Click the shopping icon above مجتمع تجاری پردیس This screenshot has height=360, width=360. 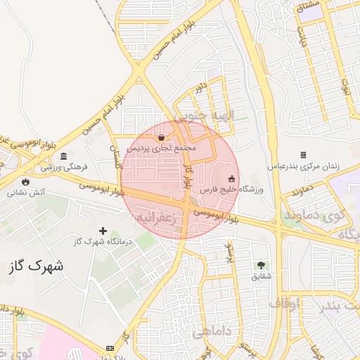coord(163,138)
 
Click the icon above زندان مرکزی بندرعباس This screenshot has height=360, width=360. coord(304,155)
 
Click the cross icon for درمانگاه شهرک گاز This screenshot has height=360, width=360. coord(103,231)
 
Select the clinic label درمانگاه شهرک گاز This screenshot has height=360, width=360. coord(103,243)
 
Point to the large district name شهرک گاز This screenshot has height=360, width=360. coord(37,266)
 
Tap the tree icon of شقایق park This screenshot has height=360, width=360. coord(261,265)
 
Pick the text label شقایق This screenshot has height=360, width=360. coord(261,276)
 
